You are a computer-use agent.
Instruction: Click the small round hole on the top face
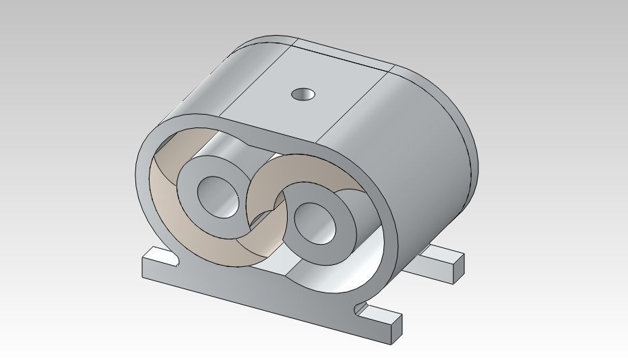coord(304,94)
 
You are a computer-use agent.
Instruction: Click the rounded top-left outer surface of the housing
coord(202,88)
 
